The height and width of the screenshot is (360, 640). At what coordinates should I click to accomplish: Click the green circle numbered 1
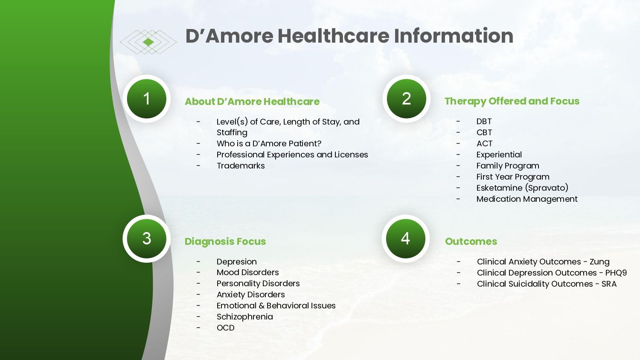[x=146, y=99]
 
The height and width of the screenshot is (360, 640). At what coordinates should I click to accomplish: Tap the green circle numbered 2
[x=406, y=99]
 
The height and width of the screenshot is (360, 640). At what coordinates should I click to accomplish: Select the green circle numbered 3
[x=146, y=238]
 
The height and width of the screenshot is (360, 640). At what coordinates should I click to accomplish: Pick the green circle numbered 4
[x=405, y=238]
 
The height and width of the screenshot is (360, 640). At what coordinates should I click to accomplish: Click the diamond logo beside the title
[x=148, y=42]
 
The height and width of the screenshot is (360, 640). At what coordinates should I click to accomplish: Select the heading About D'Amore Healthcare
[x=252, y=102]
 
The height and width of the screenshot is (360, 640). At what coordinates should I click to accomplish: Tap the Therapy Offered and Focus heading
[x=512, y=101]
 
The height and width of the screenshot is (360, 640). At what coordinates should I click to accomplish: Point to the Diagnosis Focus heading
[x=225, y=241]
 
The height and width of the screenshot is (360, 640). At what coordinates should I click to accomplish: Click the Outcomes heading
[x=471, y=241]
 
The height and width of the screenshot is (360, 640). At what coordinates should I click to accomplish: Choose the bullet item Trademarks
[x=240, y=166]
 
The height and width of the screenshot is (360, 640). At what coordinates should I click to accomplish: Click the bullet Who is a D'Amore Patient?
[x=269, y=144]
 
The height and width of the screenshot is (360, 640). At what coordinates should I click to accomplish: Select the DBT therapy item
[x=484, y=122]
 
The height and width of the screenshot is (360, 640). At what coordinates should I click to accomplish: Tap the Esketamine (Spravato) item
[x=522, y=188]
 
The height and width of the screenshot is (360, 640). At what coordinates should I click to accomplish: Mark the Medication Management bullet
[x=527, y=199]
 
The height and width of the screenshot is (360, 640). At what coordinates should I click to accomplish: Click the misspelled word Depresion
[x=236, y=262]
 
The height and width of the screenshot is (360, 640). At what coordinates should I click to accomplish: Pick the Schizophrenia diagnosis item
[x=244, y=317]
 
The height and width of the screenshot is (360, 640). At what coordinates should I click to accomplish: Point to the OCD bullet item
[x=225, y=328]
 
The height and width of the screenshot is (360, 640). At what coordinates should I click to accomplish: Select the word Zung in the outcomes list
[x=599, y=262]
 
